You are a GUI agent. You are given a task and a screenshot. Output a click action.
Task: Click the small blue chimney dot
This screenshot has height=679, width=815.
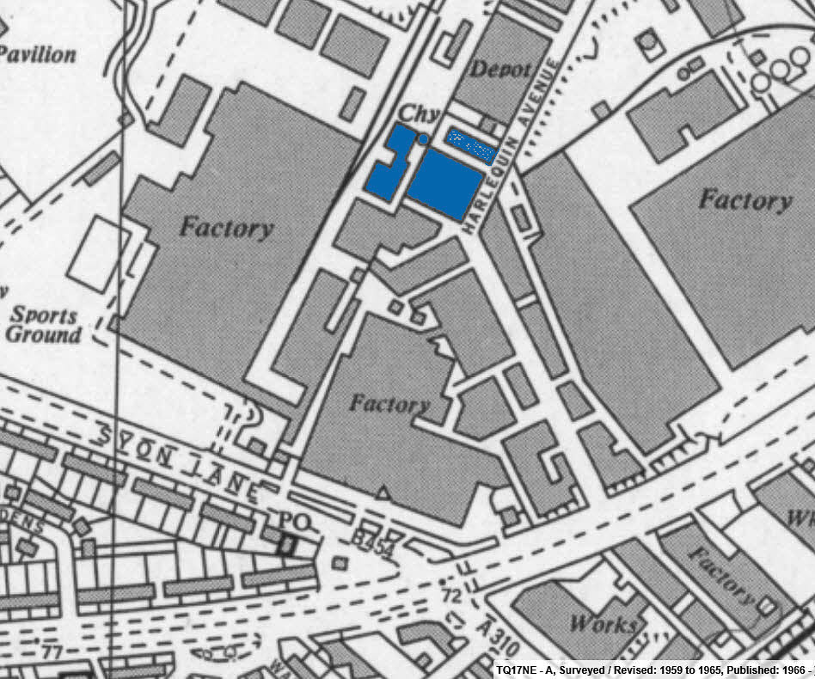[x=423, y=139]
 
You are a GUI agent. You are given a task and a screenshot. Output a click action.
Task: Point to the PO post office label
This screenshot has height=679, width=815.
[x=286, y=522]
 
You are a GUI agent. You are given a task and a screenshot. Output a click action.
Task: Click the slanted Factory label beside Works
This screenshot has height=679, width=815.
[x=720, y=573]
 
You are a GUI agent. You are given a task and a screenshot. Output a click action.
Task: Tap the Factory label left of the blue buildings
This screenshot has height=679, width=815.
[x=227, y=228]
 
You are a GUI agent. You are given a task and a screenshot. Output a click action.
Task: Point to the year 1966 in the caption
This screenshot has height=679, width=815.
[x=794, y=670]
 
